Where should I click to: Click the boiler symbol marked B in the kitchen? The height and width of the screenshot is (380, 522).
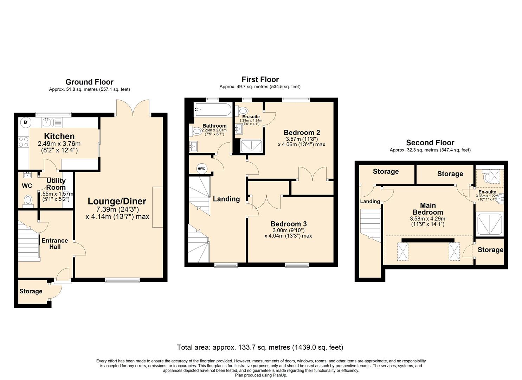point(25,122)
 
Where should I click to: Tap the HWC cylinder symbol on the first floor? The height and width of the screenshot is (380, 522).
point(201,169)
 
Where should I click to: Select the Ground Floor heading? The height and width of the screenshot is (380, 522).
point(89,82)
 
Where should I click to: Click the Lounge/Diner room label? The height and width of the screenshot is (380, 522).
point(117,201)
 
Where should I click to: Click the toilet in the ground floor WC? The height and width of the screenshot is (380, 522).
point(28,201)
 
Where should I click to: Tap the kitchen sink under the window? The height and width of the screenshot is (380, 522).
point(47,122)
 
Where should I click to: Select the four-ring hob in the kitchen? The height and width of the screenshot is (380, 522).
point(24,142)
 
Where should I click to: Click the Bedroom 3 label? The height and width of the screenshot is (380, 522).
point(288,224)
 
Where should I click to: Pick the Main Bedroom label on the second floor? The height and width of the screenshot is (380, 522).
point(428,209)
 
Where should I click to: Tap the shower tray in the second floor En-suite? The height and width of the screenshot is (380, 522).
point(489,224)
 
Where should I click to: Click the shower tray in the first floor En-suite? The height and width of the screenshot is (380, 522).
point(251,146)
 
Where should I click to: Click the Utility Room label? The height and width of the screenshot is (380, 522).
point(56,184)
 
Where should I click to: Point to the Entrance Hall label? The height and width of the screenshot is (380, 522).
point(54,243)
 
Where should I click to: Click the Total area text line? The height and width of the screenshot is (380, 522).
point(260,347)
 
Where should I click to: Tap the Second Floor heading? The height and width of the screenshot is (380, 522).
point(430,142)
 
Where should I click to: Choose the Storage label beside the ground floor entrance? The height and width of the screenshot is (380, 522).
point(31,291)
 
